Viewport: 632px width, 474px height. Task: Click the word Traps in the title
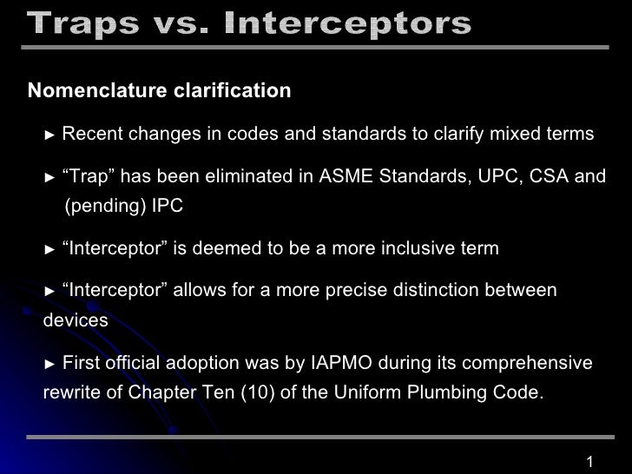[x=83, y=23]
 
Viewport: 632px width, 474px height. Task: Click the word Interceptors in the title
[x=347, y=23]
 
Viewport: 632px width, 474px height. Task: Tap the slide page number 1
[x=589, y=462]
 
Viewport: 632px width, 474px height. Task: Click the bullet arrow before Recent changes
[x=49, y=135]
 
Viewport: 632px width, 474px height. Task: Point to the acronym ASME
[x=346, y=176]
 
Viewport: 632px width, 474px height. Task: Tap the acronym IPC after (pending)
[x=168, y=206]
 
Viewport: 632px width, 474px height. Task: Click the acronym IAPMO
[x=341, y=363]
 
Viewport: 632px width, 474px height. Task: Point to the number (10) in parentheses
[x=258, y=392]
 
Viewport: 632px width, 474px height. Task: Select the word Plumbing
[x=446, y=392]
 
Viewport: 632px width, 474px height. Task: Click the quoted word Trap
[x=89, y=176]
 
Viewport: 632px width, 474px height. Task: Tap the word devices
[x=76, y=320]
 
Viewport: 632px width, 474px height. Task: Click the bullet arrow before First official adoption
[x=49, y=364]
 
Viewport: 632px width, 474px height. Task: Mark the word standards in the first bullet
[x=364, y=134]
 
